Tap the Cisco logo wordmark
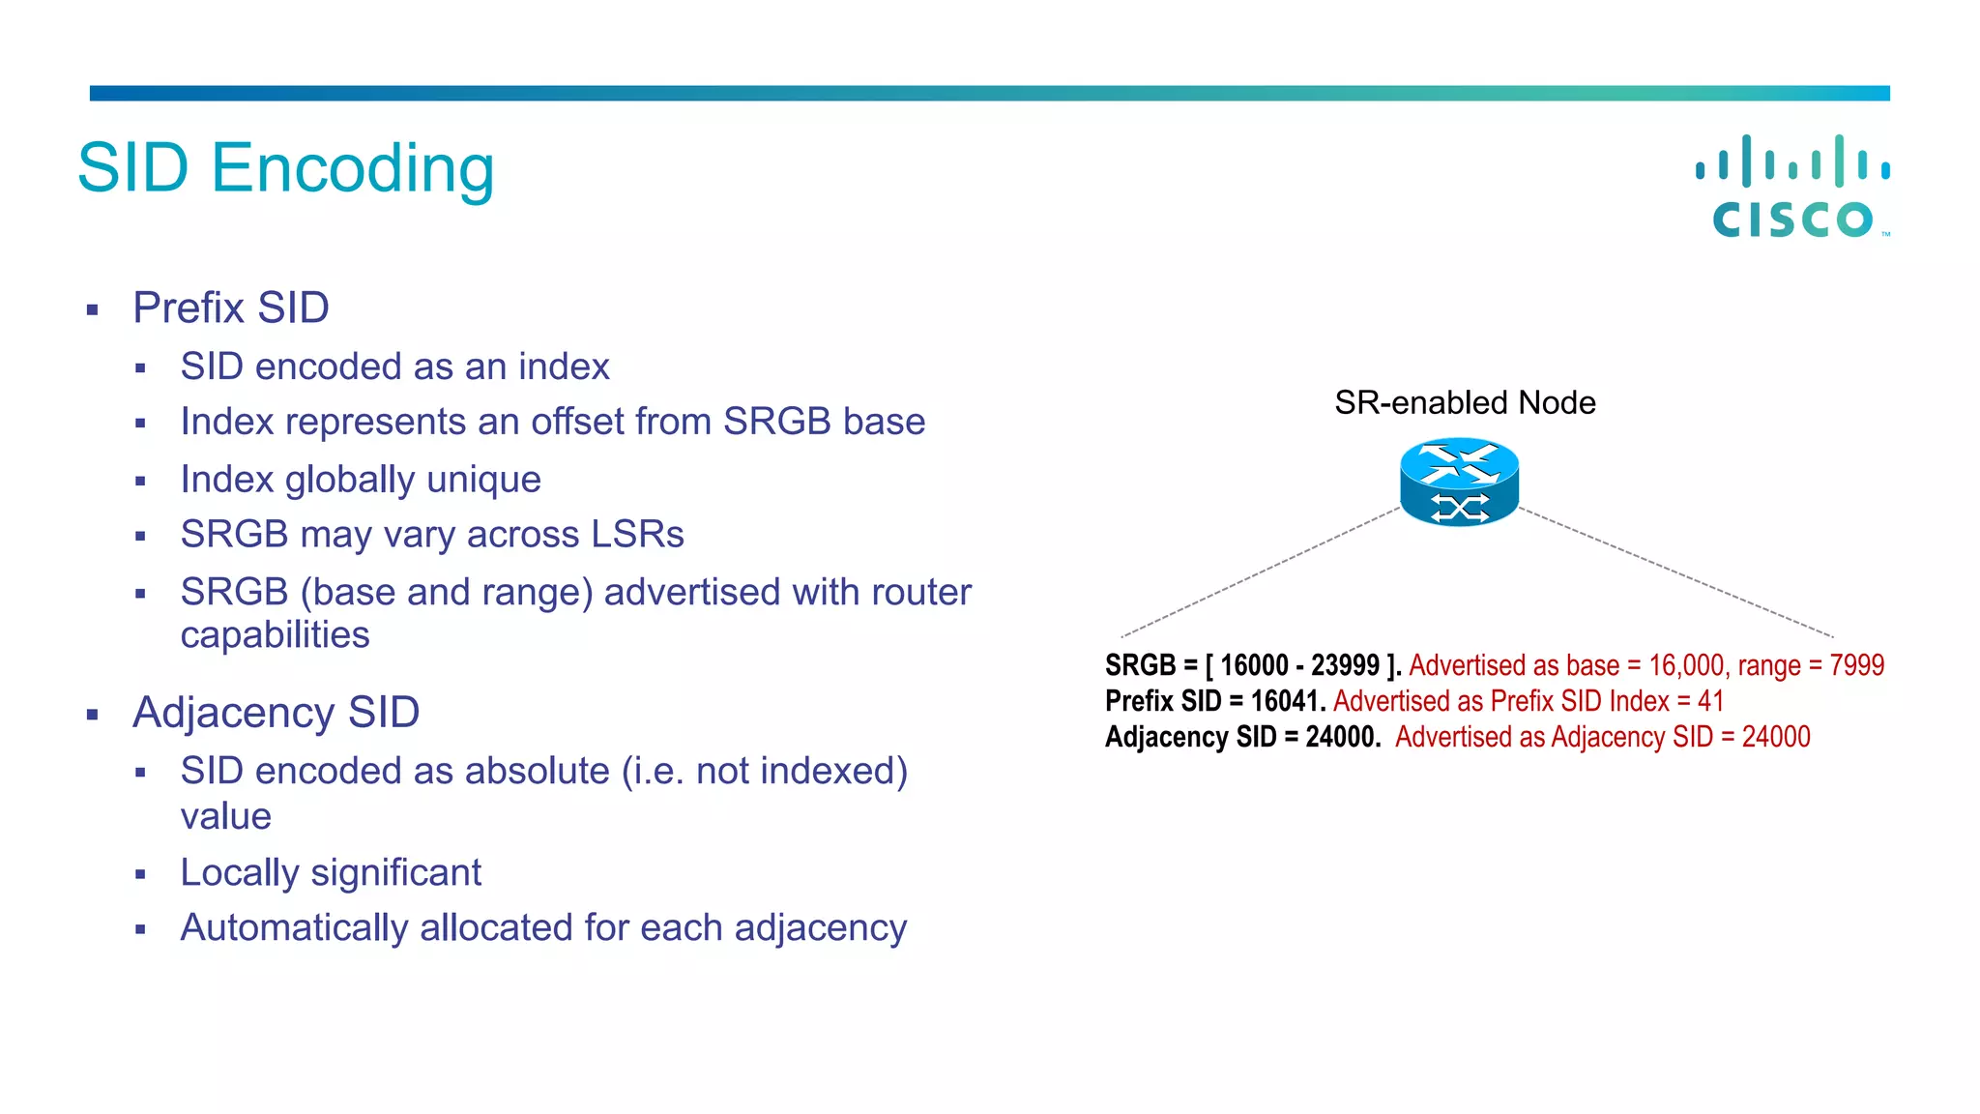(1792, 220)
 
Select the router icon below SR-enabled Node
(1459, 483)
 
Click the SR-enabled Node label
(1465, 402)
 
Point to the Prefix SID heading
(231, 308)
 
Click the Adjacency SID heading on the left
(276, 713)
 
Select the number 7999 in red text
(1856, 665)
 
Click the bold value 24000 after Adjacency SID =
(1342, 737)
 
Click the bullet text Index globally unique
(361, 480)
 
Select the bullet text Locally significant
(331, 872)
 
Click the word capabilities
(275, 635)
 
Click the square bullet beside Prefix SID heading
(93, 310)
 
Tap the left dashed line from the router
(1257, 572)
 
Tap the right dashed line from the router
(1677, 572)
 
